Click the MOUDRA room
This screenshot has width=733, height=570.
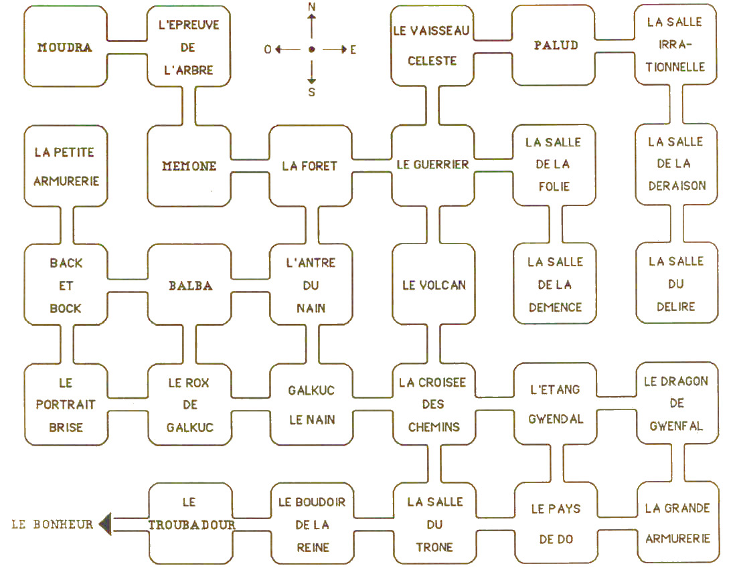click(x=64, y=47)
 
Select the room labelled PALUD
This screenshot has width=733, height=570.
click(x=555, y=45)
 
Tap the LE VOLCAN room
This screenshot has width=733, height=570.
click(x=433, y=285)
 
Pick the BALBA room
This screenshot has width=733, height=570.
click(x=190, y=286)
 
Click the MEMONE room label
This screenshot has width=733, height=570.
click(x=189, y=166)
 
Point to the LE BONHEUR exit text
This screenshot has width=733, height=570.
click(x=52, y=524)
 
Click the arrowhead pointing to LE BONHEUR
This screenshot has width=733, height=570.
click(x=105, y=523)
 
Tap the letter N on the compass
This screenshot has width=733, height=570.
click(x=311, y=7)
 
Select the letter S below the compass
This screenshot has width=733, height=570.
click(x=311, y=93)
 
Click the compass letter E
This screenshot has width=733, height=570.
click(x=353, y=50)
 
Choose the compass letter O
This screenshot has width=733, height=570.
click(x=268, y=50)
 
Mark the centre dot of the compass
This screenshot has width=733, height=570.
click(x=311, y=50)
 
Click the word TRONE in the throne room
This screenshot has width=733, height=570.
click(x=434, y=547)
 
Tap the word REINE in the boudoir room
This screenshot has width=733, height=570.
click(x=312, y=547)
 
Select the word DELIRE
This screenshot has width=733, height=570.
click(x=676, y=306)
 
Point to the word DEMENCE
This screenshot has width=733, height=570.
click(x=555, y=307)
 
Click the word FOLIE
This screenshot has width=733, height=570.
click(x=554, y=186)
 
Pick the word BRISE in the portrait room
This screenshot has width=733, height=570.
click(x=66, y=427)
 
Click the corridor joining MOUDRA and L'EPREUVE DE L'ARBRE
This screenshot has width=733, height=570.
click(x=127, y=47)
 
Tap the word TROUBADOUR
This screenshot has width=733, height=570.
click(x=191, y=525)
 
